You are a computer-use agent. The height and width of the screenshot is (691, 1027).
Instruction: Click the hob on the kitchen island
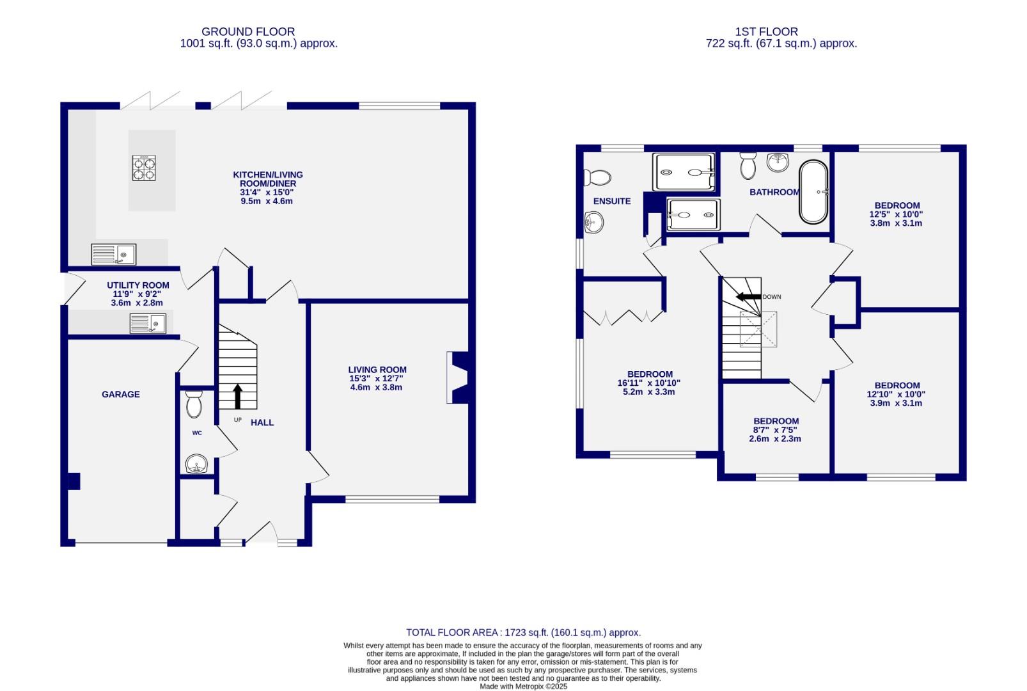click(144, 168)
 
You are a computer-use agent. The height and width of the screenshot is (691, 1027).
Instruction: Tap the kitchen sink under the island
click(114, 254)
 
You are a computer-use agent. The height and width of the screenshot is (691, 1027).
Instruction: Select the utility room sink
click(148, 323)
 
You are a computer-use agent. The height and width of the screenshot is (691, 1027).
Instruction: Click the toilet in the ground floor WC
click(194, 404)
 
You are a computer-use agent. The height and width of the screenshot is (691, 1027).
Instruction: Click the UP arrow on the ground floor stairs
click(238, 396)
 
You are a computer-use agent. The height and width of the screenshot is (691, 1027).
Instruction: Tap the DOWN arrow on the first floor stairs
click(748, 297)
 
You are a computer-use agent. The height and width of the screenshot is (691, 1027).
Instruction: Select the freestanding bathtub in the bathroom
click(813, 191)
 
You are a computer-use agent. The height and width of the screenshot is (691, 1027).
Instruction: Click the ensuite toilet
click(597, 177)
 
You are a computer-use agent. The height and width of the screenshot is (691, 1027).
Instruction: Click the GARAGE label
click(121, 394)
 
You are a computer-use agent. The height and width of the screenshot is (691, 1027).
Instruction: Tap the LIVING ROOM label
click(377, 369)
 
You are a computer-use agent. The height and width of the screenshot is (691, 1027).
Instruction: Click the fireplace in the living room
click(458, 377)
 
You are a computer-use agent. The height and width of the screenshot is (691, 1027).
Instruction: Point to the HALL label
click(262, 422)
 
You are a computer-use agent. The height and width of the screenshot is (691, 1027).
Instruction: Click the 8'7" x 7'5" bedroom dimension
click(774, 430)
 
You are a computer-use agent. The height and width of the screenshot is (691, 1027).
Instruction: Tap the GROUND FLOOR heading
click(248, 31)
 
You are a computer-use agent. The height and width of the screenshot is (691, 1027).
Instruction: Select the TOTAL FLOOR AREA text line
click(523, 632)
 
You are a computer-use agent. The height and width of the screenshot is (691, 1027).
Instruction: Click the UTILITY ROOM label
click(138, 285)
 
